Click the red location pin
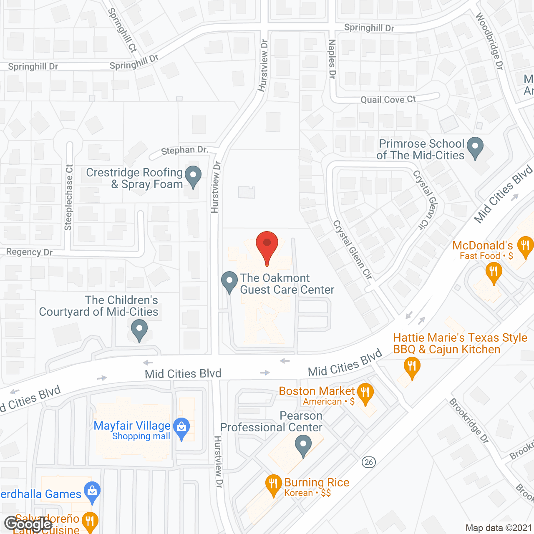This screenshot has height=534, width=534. [x=267, y=246]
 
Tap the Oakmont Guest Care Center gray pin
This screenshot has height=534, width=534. [x=229, y=282]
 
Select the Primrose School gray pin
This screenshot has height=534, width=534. [x=475, y=148]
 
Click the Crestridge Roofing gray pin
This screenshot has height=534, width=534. [x=193, y=176]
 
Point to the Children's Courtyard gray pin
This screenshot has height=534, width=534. [x=139, y=330]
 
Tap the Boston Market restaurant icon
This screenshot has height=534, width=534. [x=365, y=393]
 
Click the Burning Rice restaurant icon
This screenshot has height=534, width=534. [x=273, y=485]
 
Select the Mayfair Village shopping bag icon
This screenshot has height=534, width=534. [x=181, y=428]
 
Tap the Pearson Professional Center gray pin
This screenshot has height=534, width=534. [x=303, y=446]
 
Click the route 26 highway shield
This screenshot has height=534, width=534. [x=368, y=462]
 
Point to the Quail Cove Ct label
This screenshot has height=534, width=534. [x=388, y=100]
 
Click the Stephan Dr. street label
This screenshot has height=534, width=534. [x=184, y=150]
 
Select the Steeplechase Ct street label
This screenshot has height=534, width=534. [x=69, y=197]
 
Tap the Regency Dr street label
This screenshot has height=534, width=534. [x=29, y=252]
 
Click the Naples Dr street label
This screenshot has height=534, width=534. [x=332, y=59]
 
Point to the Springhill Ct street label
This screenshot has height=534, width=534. [x=122, y=30]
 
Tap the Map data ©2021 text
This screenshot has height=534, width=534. [x=499, y=528]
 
